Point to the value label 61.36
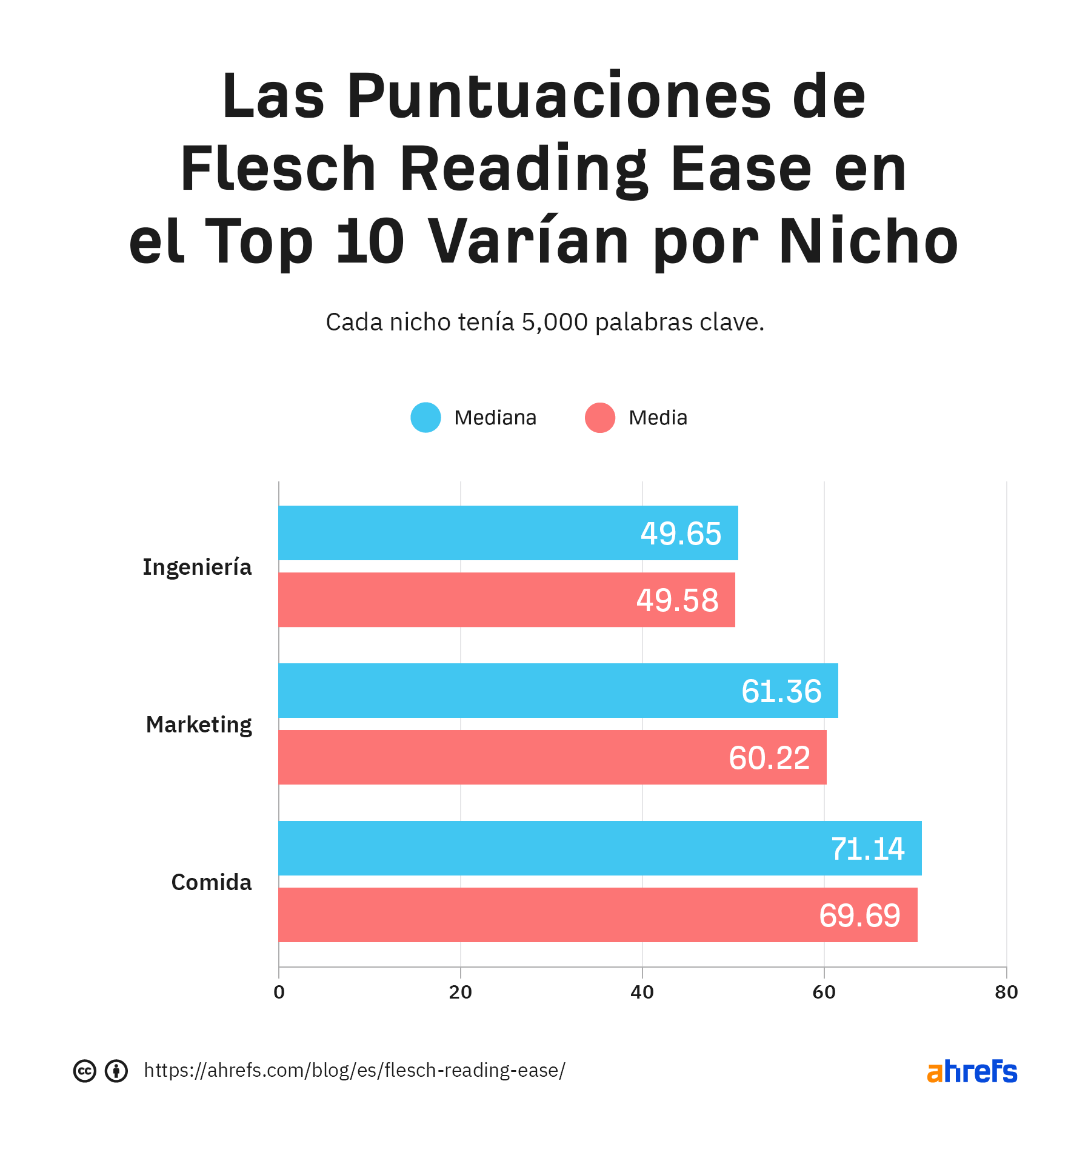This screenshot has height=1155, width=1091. point(781,691)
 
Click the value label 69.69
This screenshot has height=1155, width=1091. point(859,916)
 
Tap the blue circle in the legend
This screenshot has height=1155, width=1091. point(425,418)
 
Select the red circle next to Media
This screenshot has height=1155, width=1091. point(600,418)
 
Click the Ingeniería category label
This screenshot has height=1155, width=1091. point(197,567)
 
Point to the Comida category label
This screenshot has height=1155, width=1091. point(211,882)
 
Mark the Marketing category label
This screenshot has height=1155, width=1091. point(199,725)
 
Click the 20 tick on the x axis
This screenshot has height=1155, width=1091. point(461,993)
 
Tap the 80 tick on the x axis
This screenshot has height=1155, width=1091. point(1006,993)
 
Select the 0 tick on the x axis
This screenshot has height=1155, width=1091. point(279,993)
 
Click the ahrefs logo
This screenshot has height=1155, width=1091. point(972,1071)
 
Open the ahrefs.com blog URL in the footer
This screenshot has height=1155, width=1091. point(355,1071)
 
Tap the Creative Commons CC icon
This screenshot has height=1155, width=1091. point(85,1071)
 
